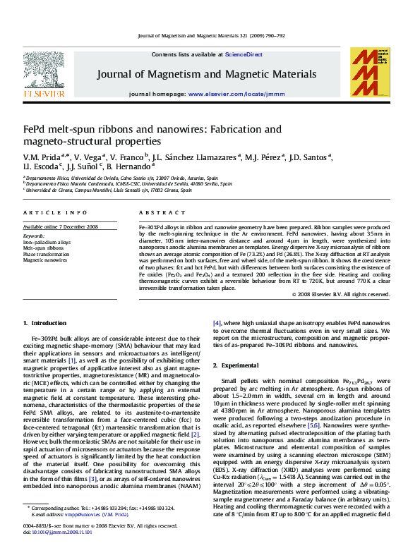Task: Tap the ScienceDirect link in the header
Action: pos(244,54)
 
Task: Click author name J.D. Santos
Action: pos(309,157)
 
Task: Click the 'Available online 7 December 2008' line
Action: pos(61,226)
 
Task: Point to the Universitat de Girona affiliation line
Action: pos(109,190)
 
